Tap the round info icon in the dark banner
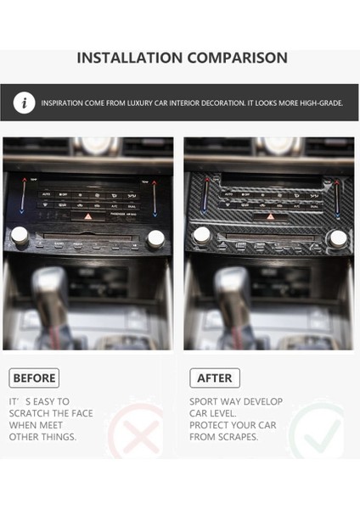point(25,103)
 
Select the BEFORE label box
point(34,378)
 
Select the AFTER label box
point(215,378)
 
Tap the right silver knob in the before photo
point(155,238)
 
